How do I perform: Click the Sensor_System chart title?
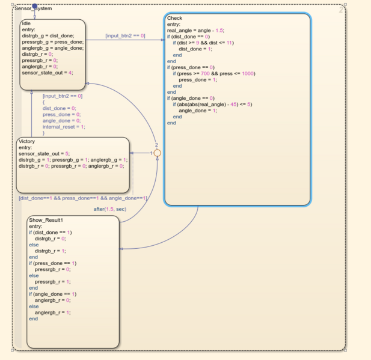point(33,8)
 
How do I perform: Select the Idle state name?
point(26,23)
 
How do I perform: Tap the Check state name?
point(174,18)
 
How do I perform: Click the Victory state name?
point(26,141)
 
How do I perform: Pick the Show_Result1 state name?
point(46,220)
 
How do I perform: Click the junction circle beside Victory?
point(157,153)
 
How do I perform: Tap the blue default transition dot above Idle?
point(34,6)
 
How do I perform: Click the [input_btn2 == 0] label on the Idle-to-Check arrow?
point(125,35)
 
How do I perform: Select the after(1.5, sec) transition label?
point(109,209)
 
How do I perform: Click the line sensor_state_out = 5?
point(44,153)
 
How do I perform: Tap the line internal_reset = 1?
point(64,127)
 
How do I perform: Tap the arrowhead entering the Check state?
point(162,40)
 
